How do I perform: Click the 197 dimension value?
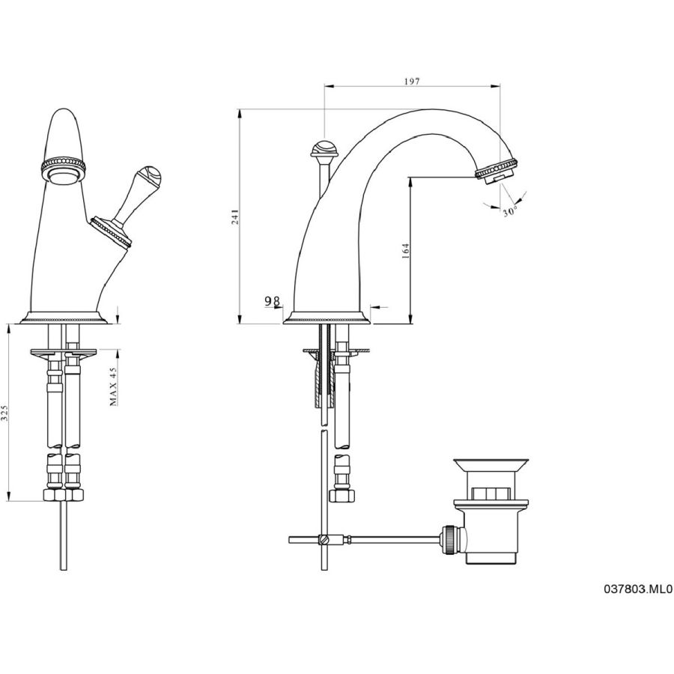(x=411, y=81)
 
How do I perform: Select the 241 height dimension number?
(x=234, y=216)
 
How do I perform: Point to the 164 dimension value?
(x=405, y=251)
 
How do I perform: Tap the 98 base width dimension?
(x=272, y=301)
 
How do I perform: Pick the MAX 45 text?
(x=113, y=386)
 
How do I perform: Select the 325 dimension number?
(x=4, y=412)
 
